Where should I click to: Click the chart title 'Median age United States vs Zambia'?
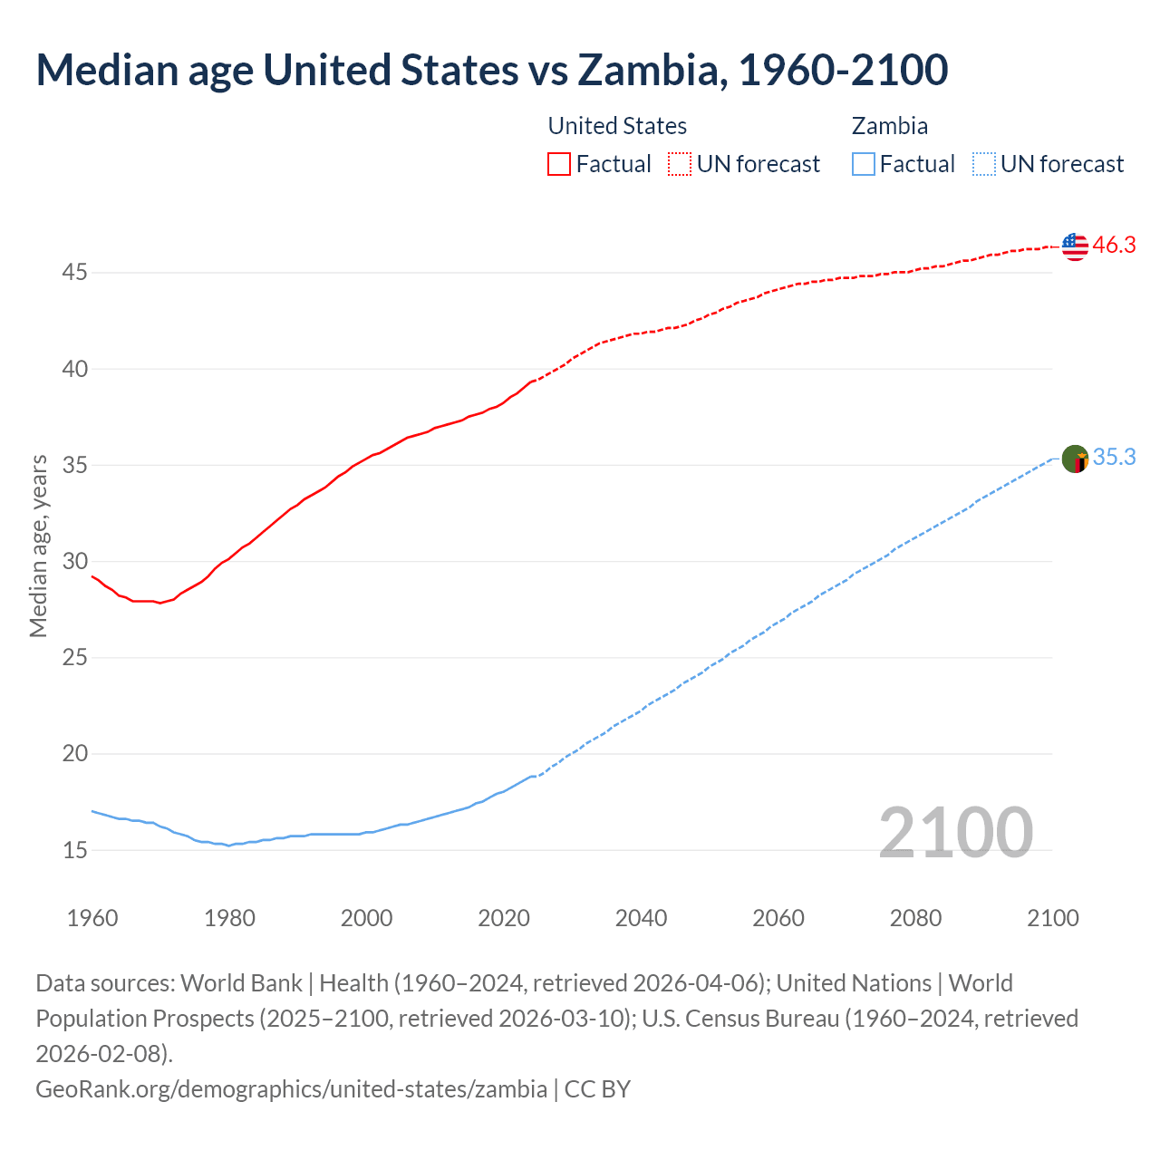(x=491, y=71)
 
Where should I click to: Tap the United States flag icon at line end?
(x=1074, y=246)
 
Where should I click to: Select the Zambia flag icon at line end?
(x=1074, y=459)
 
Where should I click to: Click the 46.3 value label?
(x=1114, y=246)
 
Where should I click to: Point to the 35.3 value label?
(x=1114, y=458)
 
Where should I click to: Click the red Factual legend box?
(x=559, y=164)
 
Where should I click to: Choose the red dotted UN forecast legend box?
(x=680, y=164)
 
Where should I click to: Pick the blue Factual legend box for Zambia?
(x=864, y=164)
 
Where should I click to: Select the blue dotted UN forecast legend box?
(x=983, y=164)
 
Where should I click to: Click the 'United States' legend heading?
(x=617, y=126)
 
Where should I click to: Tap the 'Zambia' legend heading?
(x=889, y=126)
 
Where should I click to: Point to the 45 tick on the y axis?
(x=75, y=272)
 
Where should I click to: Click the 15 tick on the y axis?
(x=75, y=850)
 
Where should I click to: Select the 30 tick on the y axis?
(x=75, y=561)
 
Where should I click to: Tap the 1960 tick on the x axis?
(x=92, y=918)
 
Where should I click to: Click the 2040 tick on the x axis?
(x=641, y=918)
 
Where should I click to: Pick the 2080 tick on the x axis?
(x=915, y=918)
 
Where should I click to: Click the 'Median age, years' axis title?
(x=38, y=546)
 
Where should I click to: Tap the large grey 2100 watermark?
(x=955, y=833)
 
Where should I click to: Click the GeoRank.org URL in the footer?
(x=291, y=1088)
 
